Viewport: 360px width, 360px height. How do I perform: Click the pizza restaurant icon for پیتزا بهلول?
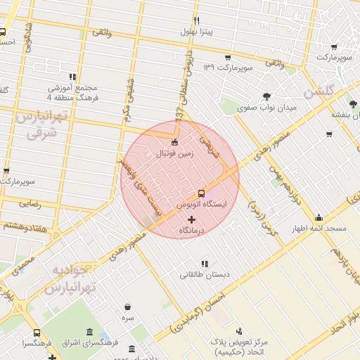tap(196, 20)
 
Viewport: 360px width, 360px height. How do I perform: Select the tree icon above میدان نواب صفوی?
tap(266, 96)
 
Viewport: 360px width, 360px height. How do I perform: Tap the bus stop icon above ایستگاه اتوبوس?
tap(202, 193)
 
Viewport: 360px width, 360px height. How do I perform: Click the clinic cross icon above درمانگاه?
tap(191, 220)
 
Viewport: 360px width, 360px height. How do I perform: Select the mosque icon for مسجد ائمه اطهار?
tap(319, 217)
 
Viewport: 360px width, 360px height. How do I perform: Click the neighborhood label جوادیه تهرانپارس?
tap(70, 279)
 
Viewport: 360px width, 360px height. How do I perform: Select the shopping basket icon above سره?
tap(127, 307)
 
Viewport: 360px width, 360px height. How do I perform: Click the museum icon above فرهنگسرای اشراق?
tap(89, 333)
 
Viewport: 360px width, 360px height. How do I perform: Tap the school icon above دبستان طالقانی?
tap(205, 263)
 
